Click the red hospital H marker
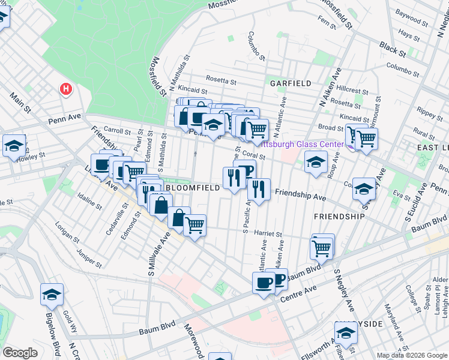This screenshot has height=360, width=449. click(x=66, y=90)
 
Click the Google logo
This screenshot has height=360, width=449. click(x=20, y=353)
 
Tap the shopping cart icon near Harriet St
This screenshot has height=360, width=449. click(x=194, y=226)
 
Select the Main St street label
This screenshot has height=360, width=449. click(x=20, y=101)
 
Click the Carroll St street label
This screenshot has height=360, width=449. click(x=117, y=130)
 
